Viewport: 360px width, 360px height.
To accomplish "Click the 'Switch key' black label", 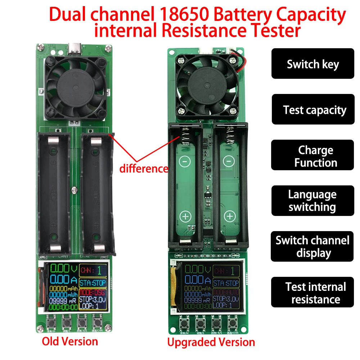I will pos(312,64).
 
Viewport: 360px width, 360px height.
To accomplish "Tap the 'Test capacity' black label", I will pos(312,110).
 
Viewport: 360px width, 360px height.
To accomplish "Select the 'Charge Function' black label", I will pos(312,156).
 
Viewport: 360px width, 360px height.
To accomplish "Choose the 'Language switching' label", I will pos(312,201).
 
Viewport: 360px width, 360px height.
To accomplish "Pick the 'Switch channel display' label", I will pos(312,247).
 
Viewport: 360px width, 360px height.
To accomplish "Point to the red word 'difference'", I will pos(144,168).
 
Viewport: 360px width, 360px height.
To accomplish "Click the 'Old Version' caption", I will pos(70,341).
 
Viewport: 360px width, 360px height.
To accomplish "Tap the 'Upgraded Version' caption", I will pos(211,342).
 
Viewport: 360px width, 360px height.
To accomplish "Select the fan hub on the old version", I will pos(75,87).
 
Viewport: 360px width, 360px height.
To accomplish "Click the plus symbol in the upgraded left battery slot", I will pos(185,216).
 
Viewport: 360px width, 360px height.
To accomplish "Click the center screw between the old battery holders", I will pos(74,188).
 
